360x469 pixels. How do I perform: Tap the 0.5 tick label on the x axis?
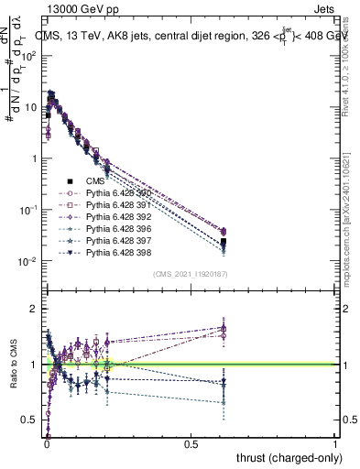click(x=191, y=442)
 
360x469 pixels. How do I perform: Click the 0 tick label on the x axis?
click(x=47, y=442)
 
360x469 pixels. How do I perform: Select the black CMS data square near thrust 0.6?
click(x=224, y=242)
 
